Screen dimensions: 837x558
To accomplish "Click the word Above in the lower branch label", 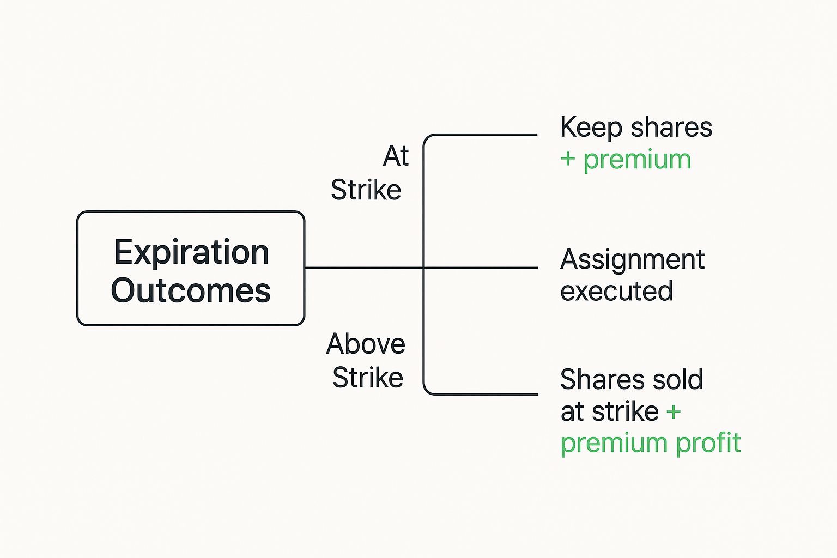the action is [x=366, y=344].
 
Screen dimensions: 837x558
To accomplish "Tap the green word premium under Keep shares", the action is [x=637, y=160].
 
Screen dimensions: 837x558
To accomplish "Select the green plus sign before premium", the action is [x=568, y=159].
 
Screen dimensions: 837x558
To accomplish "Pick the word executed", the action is [x=616, y=291].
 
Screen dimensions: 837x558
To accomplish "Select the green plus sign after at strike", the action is [x=674, y=411].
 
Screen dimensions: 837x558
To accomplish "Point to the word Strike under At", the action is [x=366, y=190].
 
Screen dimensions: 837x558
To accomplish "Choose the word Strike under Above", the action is [x=368, y=378].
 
